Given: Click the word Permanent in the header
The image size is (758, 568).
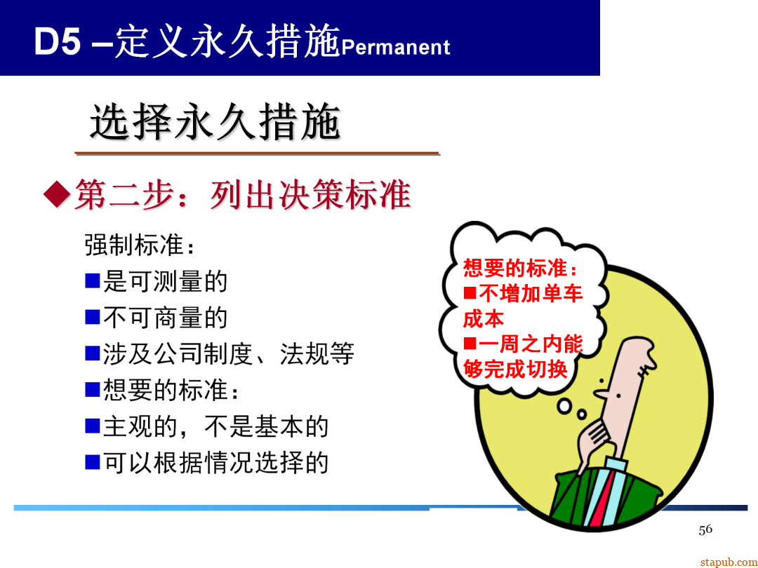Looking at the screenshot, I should tap(395, 47).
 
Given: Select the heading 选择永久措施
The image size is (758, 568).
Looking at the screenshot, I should tap(215, 123).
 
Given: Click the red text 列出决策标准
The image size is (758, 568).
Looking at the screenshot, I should tap(310, 194).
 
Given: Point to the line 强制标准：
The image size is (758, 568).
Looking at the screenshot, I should tap(138, 245).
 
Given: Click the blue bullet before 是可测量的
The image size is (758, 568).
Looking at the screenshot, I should tap(93, 281).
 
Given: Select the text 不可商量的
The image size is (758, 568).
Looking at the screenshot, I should tap(166, 318).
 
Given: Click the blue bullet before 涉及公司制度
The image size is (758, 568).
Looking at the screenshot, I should tap(93, 353).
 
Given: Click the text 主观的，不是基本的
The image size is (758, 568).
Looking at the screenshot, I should tap(215, 426).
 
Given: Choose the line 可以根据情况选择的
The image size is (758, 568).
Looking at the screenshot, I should tap(215, 462).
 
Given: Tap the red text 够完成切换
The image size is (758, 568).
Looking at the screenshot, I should tap(515, 369).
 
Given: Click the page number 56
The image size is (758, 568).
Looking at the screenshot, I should tap(705, 529).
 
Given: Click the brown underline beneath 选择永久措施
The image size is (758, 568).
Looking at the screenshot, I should tap(257, 153).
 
